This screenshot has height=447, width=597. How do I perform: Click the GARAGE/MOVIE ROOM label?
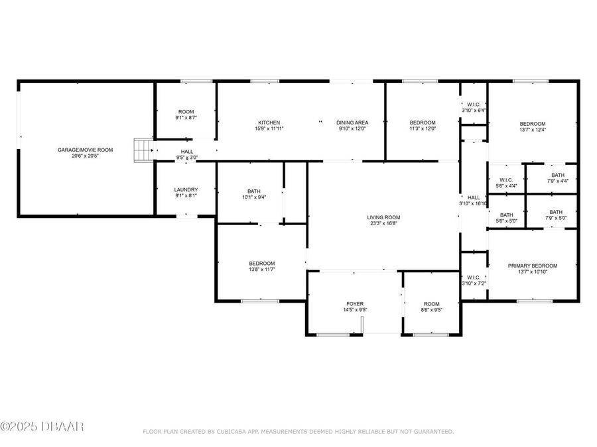pyautogui.click(x=85, y=150)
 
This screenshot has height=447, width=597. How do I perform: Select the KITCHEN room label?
pyautogui.click(x=269, y=123)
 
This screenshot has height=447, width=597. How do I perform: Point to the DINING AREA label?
pyautogui.click(x=352, y=123)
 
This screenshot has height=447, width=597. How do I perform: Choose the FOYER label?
pyautogui.click(x=355, y=304)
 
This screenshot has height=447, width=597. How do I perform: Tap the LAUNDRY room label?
pyautogui.click(x=186, y=189)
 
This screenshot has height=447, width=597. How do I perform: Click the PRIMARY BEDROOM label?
pyautogui.click(x=533, y=266)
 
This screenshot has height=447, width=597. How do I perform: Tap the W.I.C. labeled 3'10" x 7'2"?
pyautogui.click(x=474, y=280)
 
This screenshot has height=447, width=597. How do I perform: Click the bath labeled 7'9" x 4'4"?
pyautogui.click(x=557, y=177)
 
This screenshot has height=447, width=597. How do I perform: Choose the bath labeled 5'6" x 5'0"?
pyautogui.click(x=507, y=218)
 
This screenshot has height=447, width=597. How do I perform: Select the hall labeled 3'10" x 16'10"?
pyautogui.click(x=474, y=200)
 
